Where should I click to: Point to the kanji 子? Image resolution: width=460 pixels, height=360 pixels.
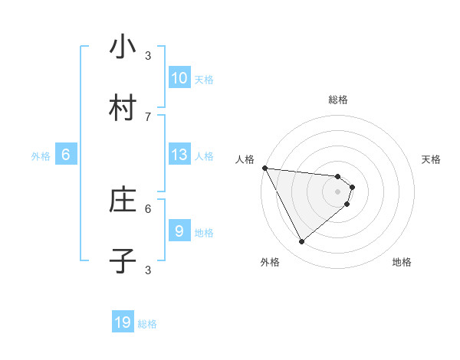[x=123, y=261]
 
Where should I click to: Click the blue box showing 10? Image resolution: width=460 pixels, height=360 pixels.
[x=179, y=78]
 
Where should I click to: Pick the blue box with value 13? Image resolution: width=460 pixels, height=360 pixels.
[x=179, y=155]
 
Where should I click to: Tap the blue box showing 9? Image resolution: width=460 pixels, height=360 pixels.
[x=179, y=231]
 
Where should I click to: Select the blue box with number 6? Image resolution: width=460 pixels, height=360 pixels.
[x=65, y=155]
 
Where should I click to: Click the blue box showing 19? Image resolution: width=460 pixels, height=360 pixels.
[x=123, y=323]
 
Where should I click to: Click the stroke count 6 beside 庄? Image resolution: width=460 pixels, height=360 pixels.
[x=148, y=208]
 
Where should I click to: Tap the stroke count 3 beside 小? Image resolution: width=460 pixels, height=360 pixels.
[x=148, y=55]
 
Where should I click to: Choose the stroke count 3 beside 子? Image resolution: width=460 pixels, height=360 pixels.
[x=148, y=269]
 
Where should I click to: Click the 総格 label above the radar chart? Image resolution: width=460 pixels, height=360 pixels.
[x=338, y=100]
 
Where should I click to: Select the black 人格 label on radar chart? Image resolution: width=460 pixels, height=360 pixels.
[x=245, y=159]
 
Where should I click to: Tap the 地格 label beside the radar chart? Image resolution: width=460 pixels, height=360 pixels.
[x=402, y=262]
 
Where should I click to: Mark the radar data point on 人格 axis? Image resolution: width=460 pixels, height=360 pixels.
[x=264, y=168]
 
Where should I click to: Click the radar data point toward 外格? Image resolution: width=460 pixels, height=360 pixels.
[x=301, y=241]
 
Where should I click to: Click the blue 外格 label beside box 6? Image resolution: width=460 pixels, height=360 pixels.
[x=41, y=156]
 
